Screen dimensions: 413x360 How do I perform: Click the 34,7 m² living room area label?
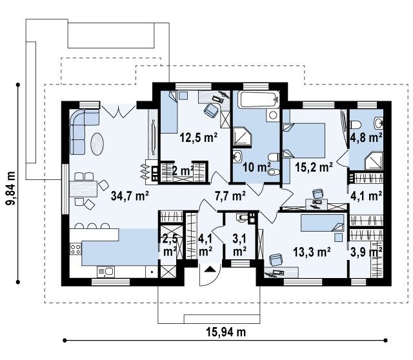(x=130, y=195)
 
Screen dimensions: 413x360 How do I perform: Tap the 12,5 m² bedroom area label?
(x=199, y=137)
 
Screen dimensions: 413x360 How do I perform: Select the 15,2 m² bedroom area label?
(x=314, y=167)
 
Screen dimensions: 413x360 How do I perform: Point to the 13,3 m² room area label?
(x=312, y=252)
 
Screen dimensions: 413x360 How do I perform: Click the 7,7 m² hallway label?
(x=230, y=196)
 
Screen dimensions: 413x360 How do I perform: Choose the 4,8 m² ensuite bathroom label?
(x=367, y=137)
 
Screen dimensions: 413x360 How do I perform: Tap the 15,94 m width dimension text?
(x=226, y=332)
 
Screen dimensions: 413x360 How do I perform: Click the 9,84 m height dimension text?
(x=11, y=188)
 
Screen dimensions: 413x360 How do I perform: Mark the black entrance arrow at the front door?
(x=210, y=269)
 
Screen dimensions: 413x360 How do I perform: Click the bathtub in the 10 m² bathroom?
(x=258, y=99)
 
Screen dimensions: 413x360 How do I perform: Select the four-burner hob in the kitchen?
(x=76, y=249)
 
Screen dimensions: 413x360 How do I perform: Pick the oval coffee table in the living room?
(x=97, y=144)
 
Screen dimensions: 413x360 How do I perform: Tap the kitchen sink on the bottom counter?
(x=106, y=272)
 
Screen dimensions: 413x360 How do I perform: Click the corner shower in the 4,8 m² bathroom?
(x=374, y=161)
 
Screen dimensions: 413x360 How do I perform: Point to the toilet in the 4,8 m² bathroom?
(x=356, y=125)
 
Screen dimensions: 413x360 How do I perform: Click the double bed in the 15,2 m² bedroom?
(x=304, y=141)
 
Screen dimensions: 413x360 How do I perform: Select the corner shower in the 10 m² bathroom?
(x=243, y=136)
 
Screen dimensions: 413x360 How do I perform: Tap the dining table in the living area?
(x=83, y=189)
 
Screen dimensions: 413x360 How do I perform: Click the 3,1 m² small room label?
(x=239, y=245)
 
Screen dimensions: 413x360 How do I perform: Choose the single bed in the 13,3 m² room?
(x=323, y=223)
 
